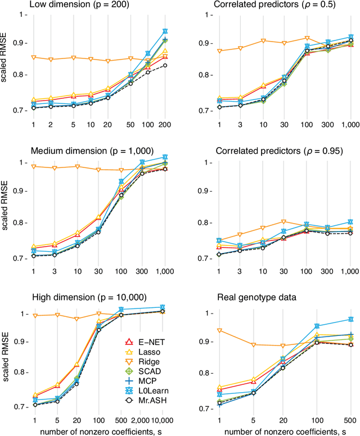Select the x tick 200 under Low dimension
165,125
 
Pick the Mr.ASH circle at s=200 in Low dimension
165,66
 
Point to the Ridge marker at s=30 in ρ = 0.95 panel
284,222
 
